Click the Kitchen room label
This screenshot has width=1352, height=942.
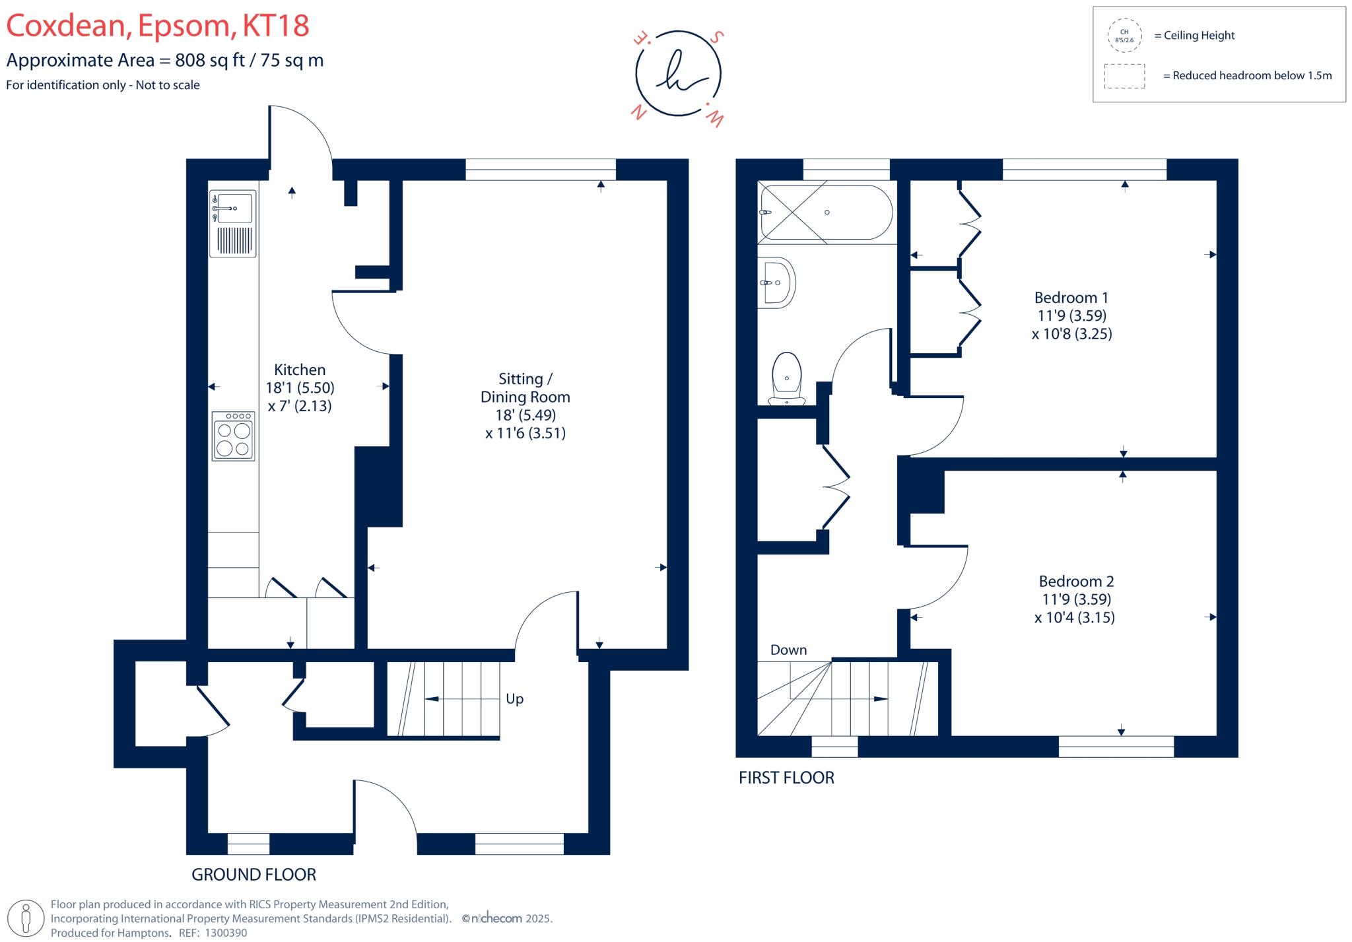point(300,370)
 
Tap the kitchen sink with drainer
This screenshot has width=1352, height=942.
point(232,223)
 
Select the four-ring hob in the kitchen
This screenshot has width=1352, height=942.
point(233,436)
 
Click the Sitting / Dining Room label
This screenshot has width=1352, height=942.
point(525,388)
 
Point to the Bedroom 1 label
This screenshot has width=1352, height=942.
point(1071,298)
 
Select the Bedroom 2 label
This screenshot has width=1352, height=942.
point(1076,582)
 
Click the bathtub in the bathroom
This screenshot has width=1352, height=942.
point(826,213)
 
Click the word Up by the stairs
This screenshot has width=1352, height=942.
point(514,699)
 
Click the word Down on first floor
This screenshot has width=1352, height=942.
point(788,650)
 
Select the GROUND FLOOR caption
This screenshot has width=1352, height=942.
point(253,875)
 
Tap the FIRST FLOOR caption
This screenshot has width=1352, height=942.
point(786,778)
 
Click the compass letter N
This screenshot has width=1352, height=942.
point(638,112)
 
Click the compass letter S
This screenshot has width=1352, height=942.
point(718,37)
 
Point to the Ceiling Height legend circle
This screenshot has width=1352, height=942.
point(1124,36)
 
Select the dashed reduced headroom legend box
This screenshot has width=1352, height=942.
point(1124,76)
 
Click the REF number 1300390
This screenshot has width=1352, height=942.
point(226,933)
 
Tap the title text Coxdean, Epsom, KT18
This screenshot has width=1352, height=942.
point(158,26)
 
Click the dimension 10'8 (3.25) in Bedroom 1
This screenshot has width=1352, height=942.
point(1071,334)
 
